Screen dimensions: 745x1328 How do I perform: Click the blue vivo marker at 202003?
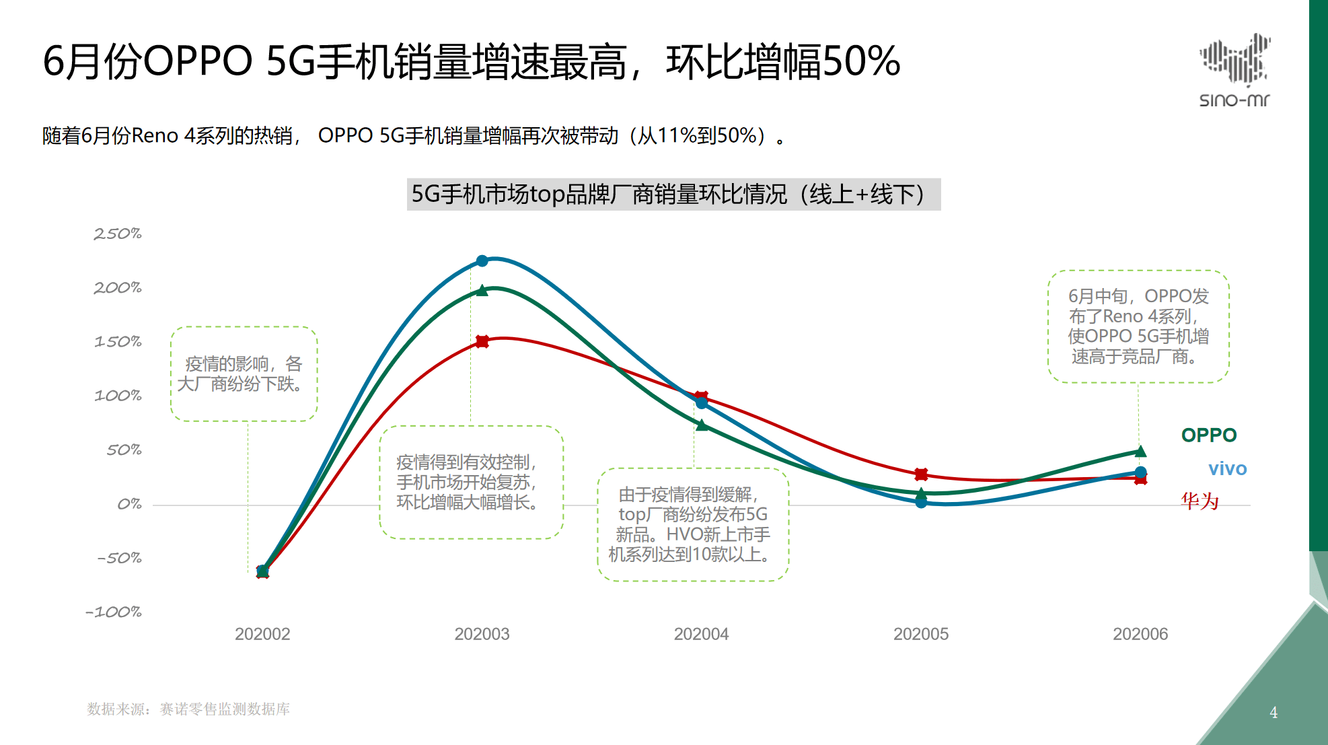click(482, 260)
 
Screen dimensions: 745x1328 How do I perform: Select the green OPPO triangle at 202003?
click(482, 291)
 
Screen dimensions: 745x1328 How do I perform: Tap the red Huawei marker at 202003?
click(482, 341)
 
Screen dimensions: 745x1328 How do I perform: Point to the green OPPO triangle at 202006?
click(1140, 452)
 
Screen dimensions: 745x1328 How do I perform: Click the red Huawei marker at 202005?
click(921, 474)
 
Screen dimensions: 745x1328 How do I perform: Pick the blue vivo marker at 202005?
click(921, 502)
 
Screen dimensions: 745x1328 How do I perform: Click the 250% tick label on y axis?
click(118, 234)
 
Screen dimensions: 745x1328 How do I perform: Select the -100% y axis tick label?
click(114, 612)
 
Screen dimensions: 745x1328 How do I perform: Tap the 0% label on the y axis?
click(128, 504)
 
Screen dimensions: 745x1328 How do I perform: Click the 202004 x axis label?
click(701, 634)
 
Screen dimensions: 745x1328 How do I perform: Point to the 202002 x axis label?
click(262, 634)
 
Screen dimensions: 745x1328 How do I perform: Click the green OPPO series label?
click(1208, 435)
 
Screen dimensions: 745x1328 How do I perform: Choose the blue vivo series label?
click(1227, 469)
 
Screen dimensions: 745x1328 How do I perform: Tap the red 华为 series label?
click(1200, 501)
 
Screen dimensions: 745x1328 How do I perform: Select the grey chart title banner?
click(673, 194)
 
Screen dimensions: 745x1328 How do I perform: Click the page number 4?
click(1273, 712)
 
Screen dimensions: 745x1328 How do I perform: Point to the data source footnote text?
click(188, 709)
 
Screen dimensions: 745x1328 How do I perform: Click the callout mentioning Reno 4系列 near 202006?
click(1138, 326)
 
